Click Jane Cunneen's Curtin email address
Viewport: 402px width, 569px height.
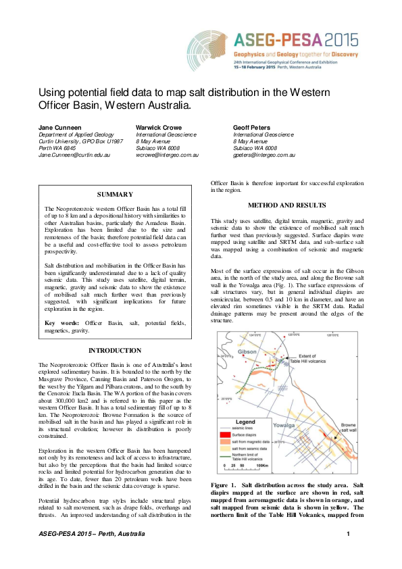pos(72,155)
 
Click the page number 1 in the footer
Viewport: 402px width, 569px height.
pos(347,554)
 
